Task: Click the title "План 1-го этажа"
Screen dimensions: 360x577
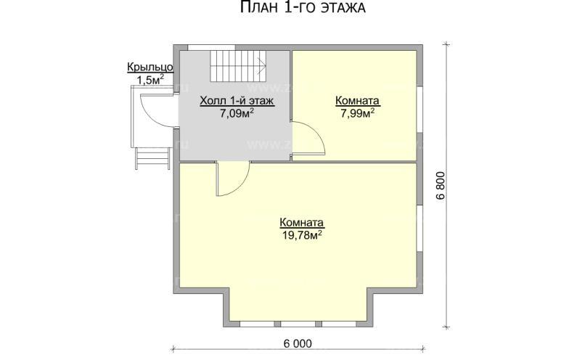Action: tap(301, 9)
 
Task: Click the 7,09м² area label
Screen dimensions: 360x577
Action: tap(237, 113)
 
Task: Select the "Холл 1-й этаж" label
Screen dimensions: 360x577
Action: tap(237, 102)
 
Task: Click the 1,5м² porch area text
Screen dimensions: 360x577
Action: tap(150, 80)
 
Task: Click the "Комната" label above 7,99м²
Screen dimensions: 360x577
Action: tap(358, 101)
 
